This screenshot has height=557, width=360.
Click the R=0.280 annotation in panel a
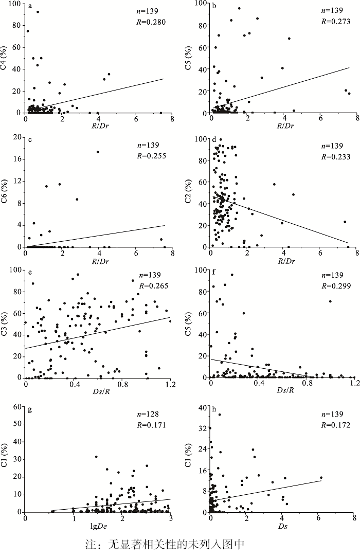coord(152,22)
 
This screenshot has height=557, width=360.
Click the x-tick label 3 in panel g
coord(170,518)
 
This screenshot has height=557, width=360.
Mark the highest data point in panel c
coord(98,152)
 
